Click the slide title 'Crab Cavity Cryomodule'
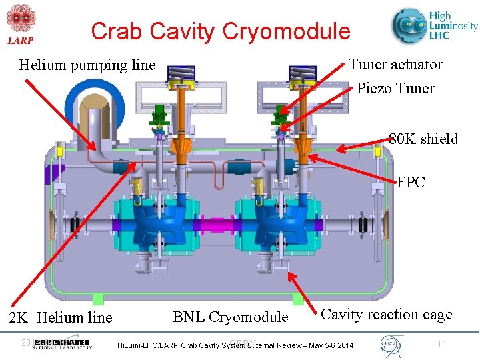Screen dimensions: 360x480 coord(220,31)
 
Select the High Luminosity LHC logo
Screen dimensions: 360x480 coord(434,27)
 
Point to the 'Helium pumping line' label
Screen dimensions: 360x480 coord(87,65)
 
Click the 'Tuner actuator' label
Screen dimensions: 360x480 coord(395,65)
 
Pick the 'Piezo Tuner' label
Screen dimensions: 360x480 coord(395,89)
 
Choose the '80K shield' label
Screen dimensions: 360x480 coord(423,139)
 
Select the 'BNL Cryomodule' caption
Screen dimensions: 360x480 coord(231,317)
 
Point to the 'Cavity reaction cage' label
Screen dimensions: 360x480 coord(387,315)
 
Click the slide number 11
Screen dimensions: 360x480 coord(441,344)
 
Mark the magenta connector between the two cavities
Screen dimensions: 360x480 coord(215,224)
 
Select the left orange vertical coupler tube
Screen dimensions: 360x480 coord(179,133)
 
